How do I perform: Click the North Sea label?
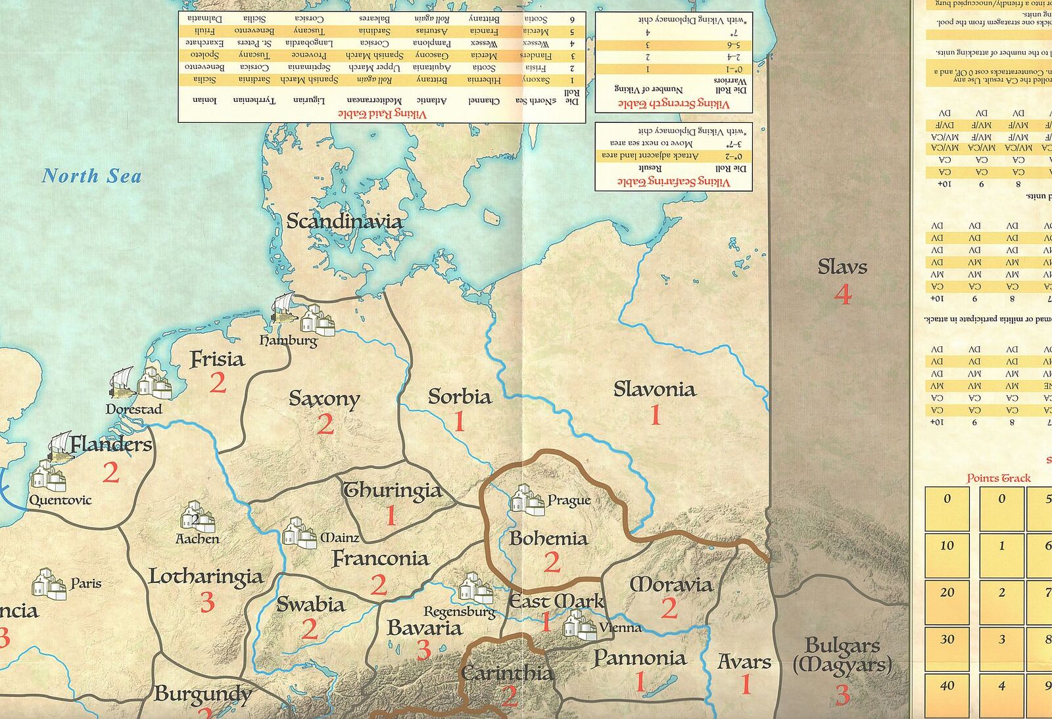(91, 176)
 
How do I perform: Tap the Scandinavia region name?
(345, 221)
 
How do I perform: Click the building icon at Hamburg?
(317, 319)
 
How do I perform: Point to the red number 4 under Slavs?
(842, 294)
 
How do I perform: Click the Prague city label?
(569, 501)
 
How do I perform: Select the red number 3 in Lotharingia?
(207, 602)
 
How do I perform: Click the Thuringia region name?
(392, 491)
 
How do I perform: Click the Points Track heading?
(998, 478)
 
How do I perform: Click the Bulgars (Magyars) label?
(842, 656)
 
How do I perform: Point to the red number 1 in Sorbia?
(459, 421)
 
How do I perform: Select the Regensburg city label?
(459, 612)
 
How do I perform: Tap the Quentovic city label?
(60, 500)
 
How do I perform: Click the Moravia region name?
(671, 584)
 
